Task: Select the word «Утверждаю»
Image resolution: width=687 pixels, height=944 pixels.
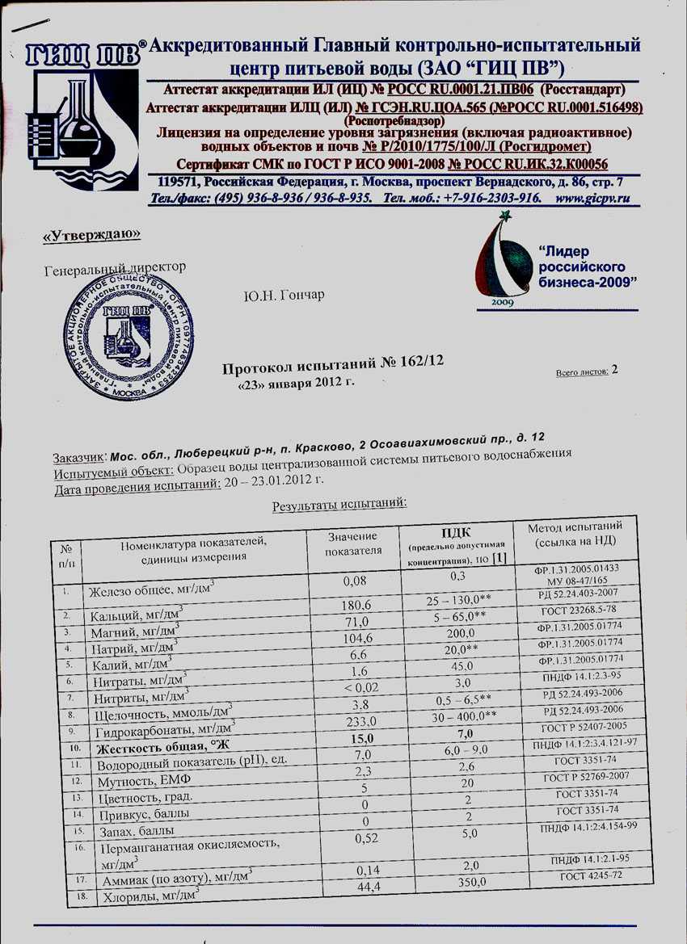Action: pos(91,235)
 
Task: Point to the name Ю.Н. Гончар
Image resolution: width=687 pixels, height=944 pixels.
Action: pos(284,295)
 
